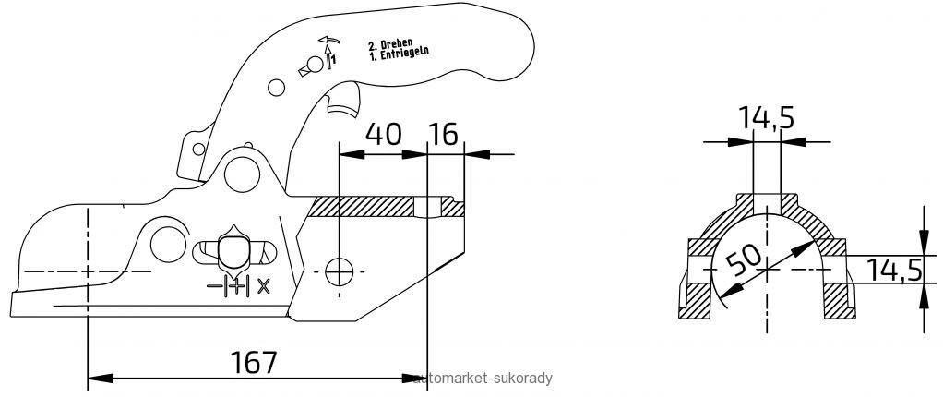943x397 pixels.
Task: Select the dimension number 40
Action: pyautogui.click(x=383, y=134)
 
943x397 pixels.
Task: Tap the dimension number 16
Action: pyautogui.click(x=443, y=134)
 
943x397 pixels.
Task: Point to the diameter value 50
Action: pyautogui.click(x=744, y=260)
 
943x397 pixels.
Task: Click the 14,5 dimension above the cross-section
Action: pyautogui.click(x=766, y=118)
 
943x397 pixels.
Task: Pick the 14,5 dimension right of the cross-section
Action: pyautogui.click(x=894, y=271)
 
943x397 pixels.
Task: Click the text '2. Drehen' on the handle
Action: pyautogui.click(x=390, y=43)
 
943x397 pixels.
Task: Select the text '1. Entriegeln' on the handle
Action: pyautogui.click(x=399, y=54)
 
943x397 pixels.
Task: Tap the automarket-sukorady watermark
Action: pyautogui.click(x=483, y=379)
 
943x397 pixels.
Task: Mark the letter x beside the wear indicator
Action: pyautogui.click(x=263, y=286)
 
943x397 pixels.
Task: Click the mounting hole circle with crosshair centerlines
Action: pyautogui.click(x=340, y=271)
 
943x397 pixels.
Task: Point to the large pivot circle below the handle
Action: pyautogui.click(x=242, y=174)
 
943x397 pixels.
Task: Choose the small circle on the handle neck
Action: pyautogui.click(x=276, y=88)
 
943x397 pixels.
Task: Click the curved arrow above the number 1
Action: pyautogui.click(x=329, y=41)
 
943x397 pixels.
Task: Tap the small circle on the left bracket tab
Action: pyautogui.click(x=197, y=149)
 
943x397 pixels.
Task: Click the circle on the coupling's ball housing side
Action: pyautogui.click(x=168, y=245)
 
